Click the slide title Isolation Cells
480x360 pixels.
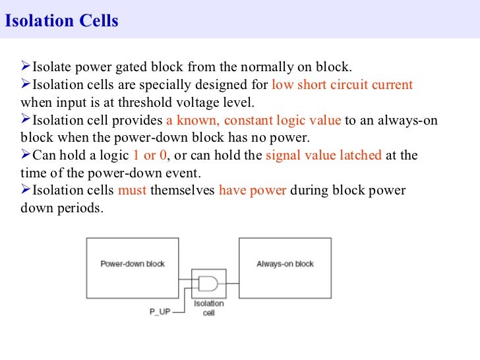coord(62,21)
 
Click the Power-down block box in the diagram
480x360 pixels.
coord(133,264)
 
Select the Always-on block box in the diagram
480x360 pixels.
coord(285,264)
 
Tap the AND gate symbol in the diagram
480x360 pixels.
coord(208,284)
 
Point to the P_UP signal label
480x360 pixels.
coord(160,312)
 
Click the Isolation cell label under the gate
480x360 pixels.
coord(208,308)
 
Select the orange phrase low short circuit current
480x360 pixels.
coord(342,85)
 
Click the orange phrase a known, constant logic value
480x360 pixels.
coord(253,121)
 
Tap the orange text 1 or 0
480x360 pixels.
coord(148,156)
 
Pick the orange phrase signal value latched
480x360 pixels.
coord(323,156)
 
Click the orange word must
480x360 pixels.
coord(133,191)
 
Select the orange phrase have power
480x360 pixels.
coord(253,191)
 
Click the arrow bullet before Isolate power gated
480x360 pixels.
coord(26,67)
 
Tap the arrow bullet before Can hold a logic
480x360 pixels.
coord(26,155)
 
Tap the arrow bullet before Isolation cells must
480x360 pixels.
coord(26,190)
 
